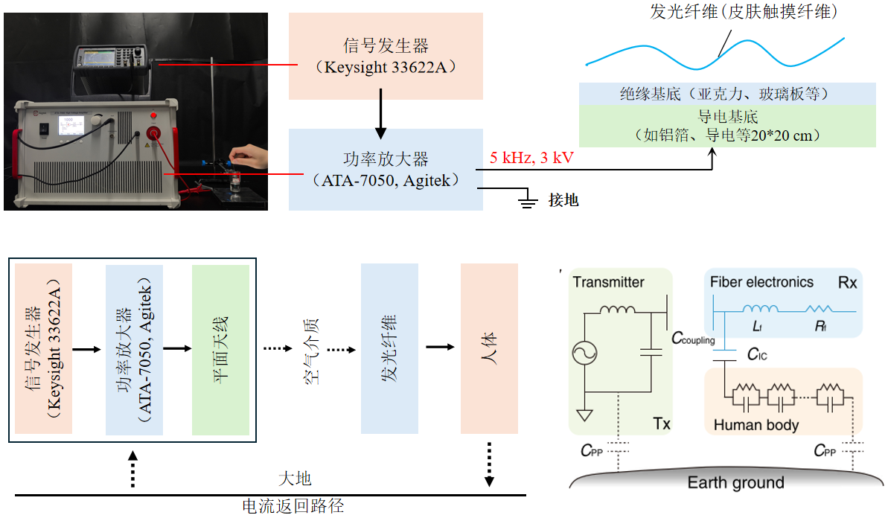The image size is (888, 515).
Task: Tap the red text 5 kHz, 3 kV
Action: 532,158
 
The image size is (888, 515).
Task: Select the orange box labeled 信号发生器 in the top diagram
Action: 386,57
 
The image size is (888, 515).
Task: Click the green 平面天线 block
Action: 220,348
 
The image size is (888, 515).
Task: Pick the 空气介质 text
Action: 312,349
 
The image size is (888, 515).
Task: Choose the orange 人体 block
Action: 489,348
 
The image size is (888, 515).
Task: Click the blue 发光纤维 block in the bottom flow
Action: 389,348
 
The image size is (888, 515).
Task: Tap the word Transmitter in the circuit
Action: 608,282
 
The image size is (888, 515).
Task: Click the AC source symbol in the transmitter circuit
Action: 585,354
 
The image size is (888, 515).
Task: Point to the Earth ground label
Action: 735,483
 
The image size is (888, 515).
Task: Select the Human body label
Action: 756,425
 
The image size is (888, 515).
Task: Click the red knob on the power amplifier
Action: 156,133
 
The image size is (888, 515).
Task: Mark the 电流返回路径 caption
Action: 293,506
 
